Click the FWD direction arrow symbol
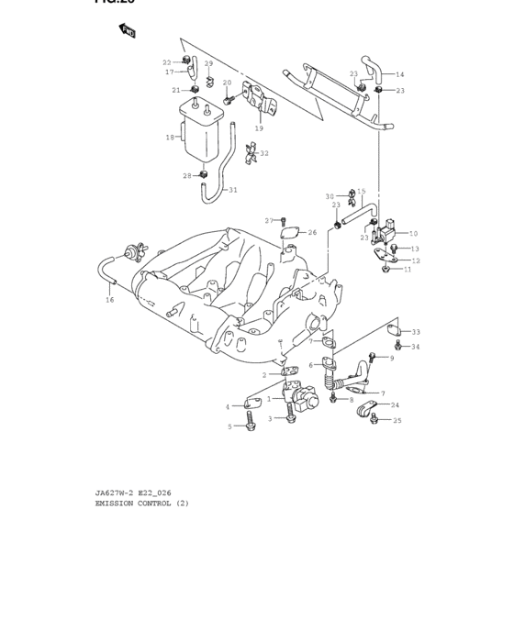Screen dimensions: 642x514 127,31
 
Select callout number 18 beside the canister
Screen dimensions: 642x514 170,138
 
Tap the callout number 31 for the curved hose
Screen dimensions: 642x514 232,190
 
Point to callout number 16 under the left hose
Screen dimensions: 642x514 110,300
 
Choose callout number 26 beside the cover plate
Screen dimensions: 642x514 312,232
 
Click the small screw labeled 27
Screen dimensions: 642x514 284,220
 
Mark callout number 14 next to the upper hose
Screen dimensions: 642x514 399,74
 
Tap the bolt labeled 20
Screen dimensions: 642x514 228,94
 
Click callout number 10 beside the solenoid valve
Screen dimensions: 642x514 413,233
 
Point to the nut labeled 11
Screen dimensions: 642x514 386,270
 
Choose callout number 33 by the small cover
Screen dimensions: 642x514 416,332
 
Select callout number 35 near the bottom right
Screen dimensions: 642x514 397,421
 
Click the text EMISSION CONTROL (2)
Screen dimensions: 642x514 142,503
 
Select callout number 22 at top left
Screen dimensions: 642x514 167,62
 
